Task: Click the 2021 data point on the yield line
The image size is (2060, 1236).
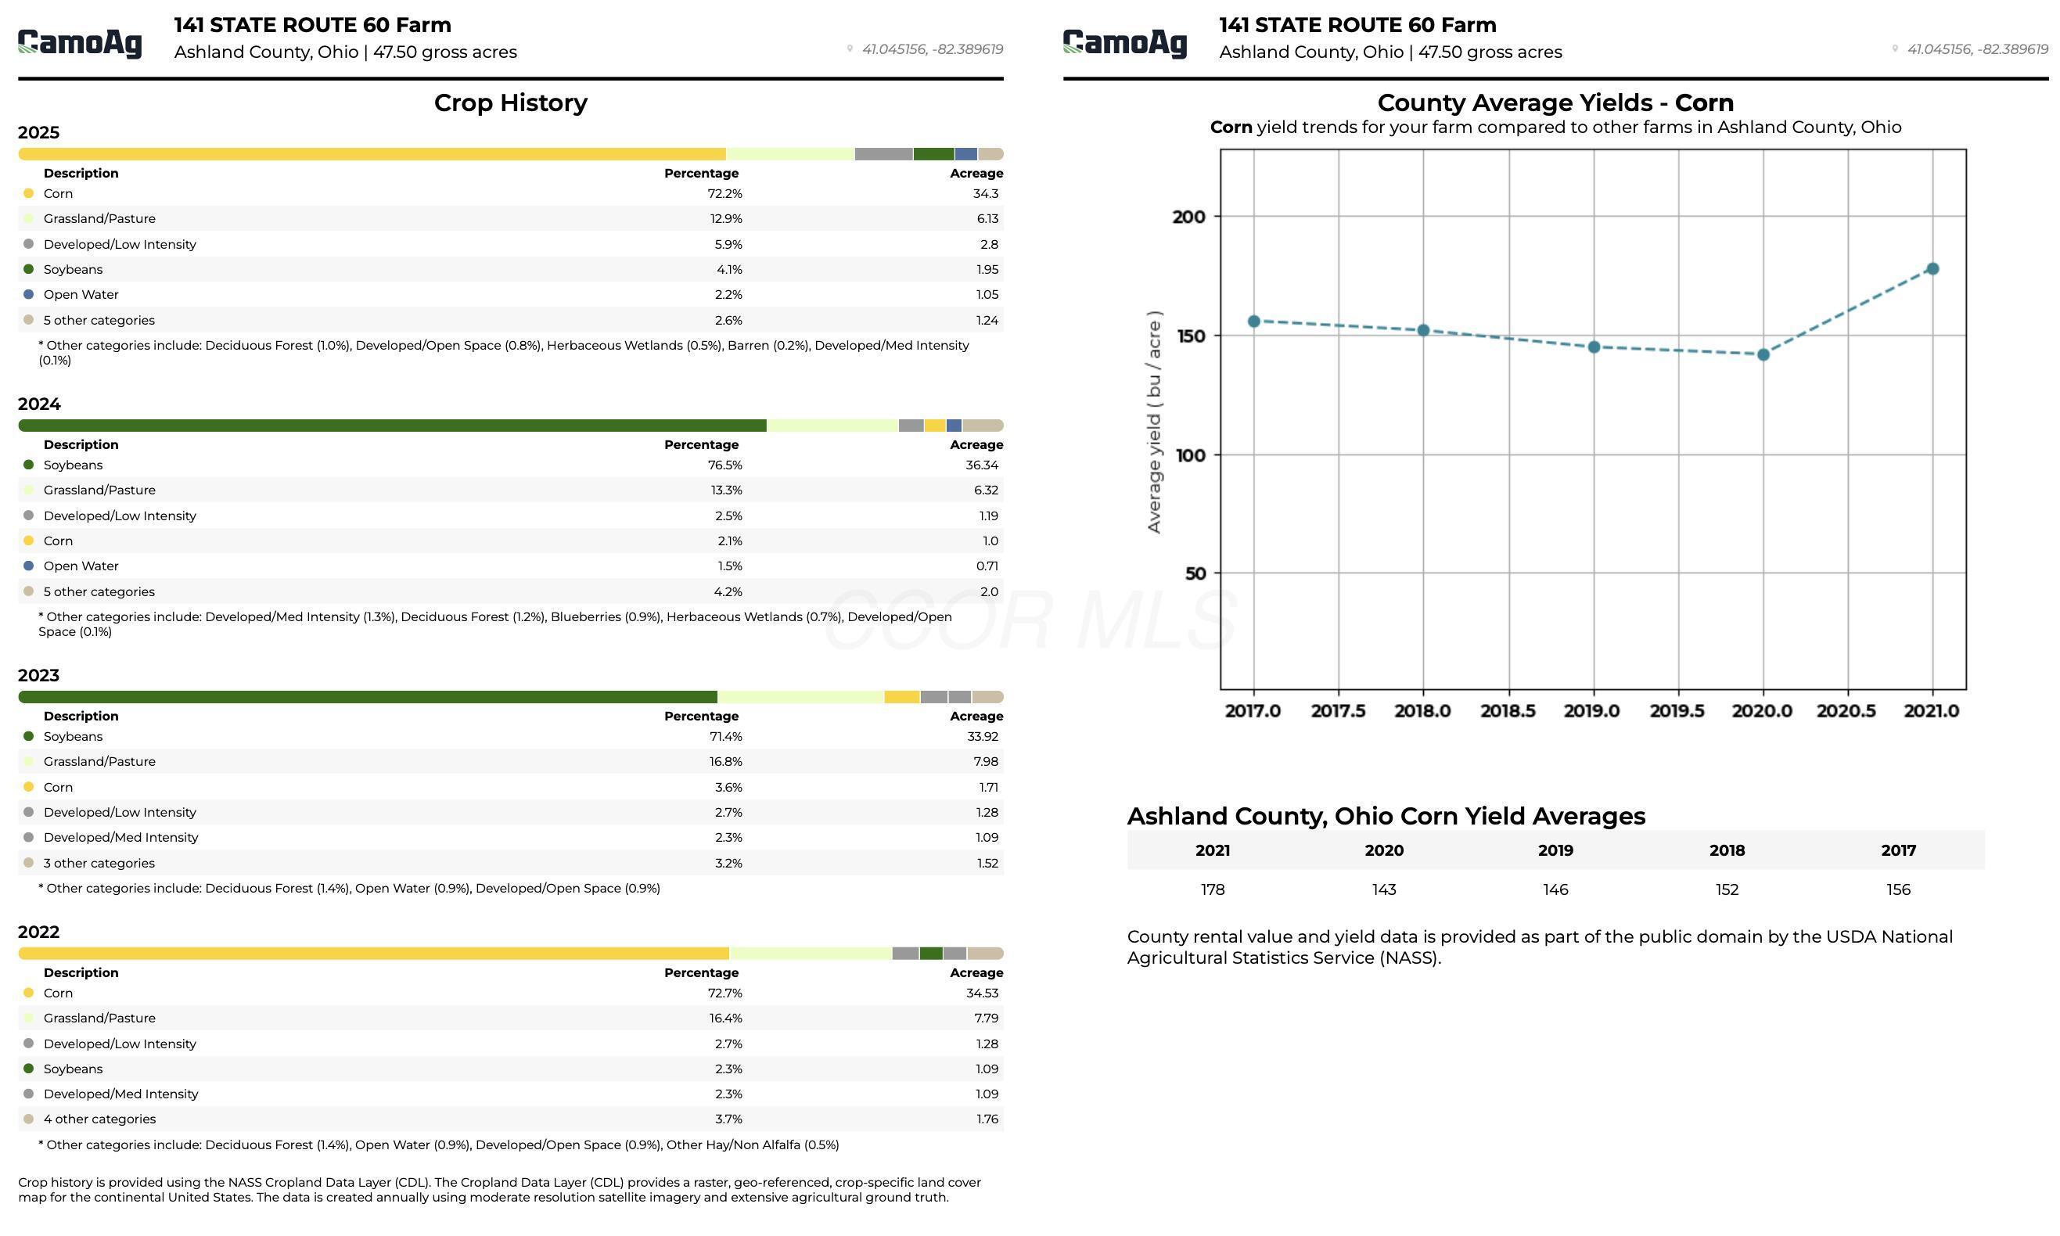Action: [x=1932, y=269]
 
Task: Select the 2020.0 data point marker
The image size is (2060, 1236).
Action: [x=1763, y=355]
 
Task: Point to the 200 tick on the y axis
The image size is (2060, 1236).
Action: [x=1188, y=217]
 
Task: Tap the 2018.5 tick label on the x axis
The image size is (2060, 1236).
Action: [x=1508, y=711]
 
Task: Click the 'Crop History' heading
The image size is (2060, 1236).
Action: [x=511, y=102]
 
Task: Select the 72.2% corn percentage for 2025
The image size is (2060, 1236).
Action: [x=724, y=194]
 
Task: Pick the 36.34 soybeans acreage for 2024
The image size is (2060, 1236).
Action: [x=982, y=465]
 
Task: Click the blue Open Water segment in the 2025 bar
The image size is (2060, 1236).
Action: [x=966, y=154]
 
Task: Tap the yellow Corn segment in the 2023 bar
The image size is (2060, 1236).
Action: [x=902, y=697]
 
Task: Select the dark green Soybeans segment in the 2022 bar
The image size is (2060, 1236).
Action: [x=931, y=954]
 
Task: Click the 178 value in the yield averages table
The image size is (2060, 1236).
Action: [x=1213, y=890]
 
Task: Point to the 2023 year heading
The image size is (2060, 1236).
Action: [x=39, y=675]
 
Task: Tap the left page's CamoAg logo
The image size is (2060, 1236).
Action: [x=80, y=42]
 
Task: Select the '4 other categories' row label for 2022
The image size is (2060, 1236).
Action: [x=100, y=1119]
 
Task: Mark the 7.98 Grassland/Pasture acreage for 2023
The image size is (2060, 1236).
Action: [x=986, y=762]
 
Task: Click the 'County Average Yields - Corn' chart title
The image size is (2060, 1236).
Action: [x=1555, y=102]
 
